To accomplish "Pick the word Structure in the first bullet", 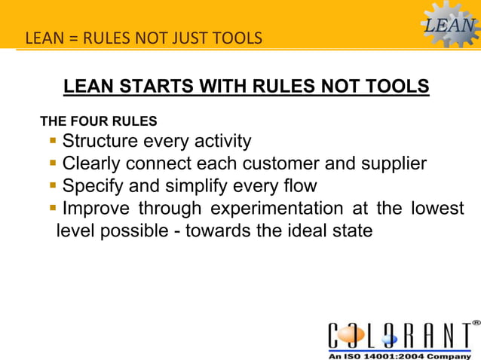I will pos(100,142).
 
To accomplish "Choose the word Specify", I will pos(93,185).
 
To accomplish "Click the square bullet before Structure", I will pos(54,141).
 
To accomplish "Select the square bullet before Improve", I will pos(54,208).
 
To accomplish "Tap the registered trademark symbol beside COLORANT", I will pos(476,322).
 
